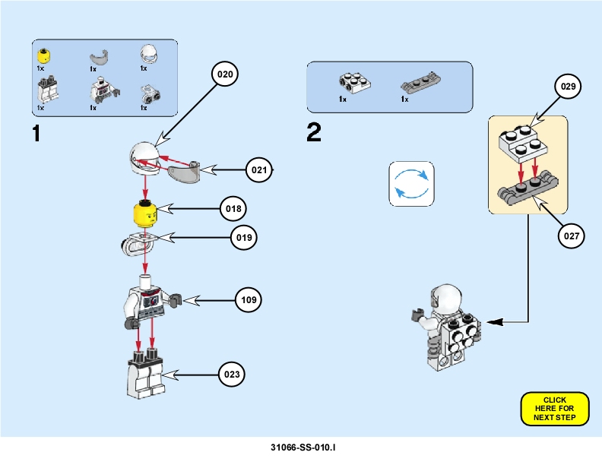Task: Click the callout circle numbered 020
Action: (226, 74)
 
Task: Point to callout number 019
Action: (244, 238)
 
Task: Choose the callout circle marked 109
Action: (248, 300)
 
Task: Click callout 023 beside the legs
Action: (233, 374)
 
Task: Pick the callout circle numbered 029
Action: (568, 87)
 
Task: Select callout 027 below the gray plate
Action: (572, 236)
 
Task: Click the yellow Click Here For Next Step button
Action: (555, 409)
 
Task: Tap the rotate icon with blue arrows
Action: (410, 183)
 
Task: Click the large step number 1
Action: (36, 133)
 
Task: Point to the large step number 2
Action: (314, 133)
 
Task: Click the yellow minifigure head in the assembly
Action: (147, 214)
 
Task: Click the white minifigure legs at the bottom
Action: (146, 375)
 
